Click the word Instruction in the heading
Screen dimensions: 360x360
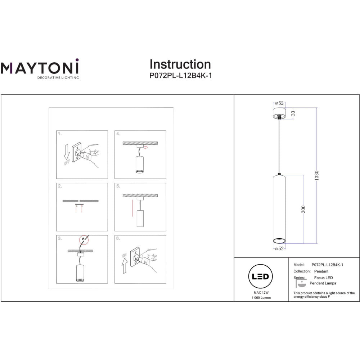pos(180,64)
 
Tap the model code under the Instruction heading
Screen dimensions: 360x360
pos(180,76)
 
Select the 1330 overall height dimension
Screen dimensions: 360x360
pos(316,176)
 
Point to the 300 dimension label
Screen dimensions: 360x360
pos(303,209)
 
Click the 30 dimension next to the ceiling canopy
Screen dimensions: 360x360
pos(293,113)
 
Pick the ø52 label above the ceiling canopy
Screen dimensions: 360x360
pos(279,103)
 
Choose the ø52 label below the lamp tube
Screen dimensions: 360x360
pos(279,248)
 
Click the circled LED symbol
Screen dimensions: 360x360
pos(260,276)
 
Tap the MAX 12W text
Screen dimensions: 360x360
pos(261,292)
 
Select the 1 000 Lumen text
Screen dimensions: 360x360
pos(261,298)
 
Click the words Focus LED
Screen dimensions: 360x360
pos(323,278)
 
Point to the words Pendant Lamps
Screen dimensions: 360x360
pos(323,283)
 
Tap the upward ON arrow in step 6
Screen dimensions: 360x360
pos(125,266)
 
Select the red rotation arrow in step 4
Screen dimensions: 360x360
pos(145,147)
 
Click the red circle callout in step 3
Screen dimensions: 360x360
pos(84,240)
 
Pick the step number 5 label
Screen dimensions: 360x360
pos(118,186)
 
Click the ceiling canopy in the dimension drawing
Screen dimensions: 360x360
pos(279,113)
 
